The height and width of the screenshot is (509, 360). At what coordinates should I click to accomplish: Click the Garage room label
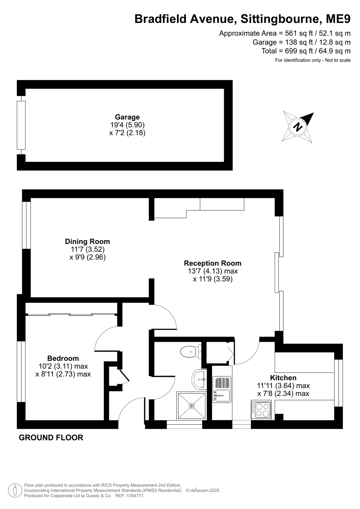point(127,117)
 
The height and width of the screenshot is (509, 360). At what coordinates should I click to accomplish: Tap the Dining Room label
point(88,241)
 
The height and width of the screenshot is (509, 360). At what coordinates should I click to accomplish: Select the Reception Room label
point(213,263)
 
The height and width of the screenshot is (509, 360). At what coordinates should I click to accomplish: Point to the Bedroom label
point(63,358)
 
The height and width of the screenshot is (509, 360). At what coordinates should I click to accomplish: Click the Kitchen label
point(283,378)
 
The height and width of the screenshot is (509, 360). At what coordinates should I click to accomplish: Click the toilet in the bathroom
point(191,351)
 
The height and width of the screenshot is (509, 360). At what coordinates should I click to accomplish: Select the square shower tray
point(192,406)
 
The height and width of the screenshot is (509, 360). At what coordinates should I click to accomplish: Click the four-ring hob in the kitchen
point(261,410)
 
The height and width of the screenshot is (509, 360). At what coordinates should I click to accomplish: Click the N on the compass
point(298,127)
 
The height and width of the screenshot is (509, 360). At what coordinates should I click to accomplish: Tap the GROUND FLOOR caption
point(51,438)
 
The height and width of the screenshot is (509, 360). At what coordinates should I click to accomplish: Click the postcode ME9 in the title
point(338,19)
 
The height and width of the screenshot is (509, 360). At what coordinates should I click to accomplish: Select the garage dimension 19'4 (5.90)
point(127,125)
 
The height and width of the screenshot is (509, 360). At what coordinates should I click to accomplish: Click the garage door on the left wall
point(21,125)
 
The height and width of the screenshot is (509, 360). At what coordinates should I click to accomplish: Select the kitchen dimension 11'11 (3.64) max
point(283,385)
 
